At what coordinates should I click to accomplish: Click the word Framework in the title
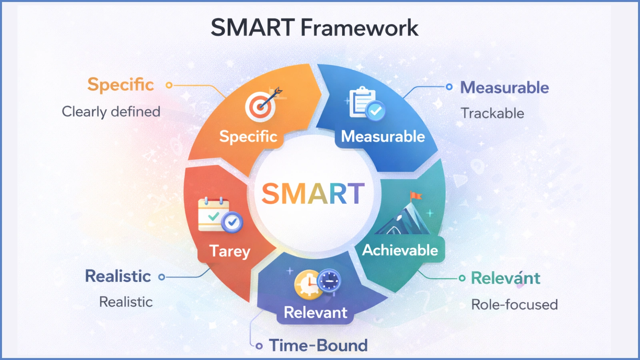point(359,28)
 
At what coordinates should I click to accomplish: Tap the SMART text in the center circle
point(313,194)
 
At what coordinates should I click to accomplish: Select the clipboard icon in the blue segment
point(362,102)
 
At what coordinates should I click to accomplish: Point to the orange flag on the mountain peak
point(416,196)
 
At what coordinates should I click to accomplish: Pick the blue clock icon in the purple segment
point(329,280)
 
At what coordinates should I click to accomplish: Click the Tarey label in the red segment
point(230,251)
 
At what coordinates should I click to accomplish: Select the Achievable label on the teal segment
point(400,250)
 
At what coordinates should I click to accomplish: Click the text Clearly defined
point(111,112)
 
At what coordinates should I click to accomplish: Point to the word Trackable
point(492,113)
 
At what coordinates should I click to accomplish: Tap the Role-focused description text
point(514,305)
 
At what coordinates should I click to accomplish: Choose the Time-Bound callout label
point(318,346)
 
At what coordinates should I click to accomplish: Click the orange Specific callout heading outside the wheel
point(120,85)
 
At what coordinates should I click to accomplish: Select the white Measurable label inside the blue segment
point(383,137)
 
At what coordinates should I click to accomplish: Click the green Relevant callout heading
point(506,278)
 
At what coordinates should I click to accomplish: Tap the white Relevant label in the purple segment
point(316,312)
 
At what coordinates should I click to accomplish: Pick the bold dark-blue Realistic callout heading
point(118,276)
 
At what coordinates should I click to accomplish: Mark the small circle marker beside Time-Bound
point(259,346)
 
